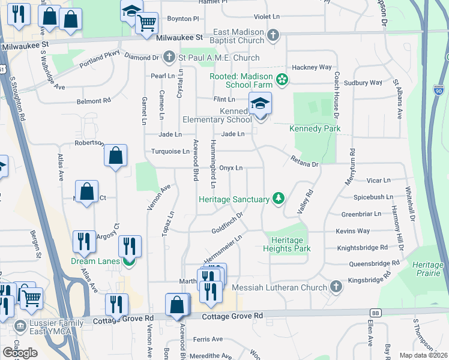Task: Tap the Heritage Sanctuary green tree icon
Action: coord(278,198)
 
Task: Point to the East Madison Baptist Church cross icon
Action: coord(273,35)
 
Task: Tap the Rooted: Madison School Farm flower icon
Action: coord(281,79)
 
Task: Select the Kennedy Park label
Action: coord(315,129)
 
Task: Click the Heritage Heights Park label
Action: coord(286,244)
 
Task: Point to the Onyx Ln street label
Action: coord(231,168)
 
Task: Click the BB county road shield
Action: coord(376,313)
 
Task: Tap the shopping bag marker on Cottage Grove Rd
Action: coord(177,305)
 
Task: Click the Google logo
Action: coord(20,353)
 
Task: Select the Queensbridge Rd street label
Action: coord(373,263)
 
